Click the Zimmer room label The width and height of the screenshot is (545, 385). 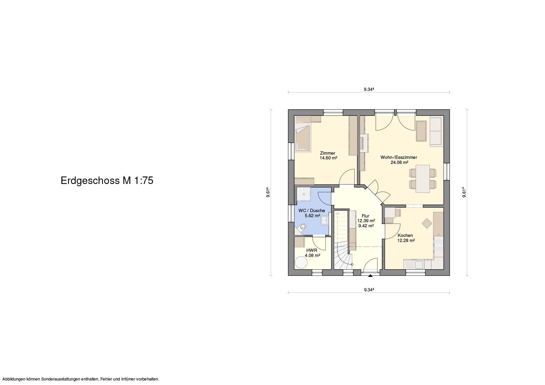point(328,153)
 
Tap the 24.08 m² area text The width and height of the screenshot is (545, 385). point(399,162)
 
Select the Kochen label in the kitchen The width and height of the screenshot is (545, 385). point(405,235)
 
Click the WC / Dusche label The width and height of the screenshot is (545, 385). point(312,211)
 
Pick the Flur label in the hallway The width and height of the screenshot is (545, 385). point(365,216)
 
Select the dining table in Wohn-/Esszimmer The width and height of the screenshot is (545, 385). point(423,178)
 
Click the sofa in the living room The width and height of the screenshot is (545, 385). point(436,132)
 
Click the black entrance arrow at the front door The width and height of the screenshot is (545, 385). point(370,276)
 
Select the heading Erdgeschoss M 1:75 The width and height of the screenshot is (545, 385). point(107,181)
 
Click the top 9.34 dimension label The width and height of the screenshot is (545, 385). point(369,89)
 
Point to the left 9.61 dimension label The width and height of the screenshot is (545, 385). point(268,192)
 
